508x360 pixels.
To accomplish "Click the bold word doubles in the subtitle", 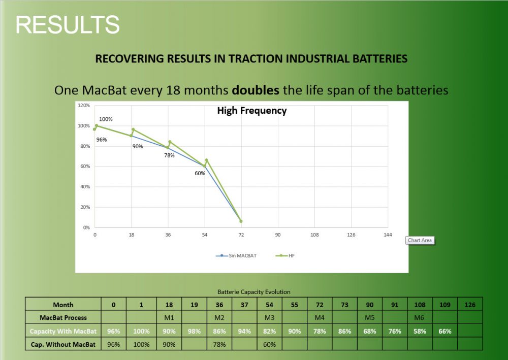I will [x=256, y=90].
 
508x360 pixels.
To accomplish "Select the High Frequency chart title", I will [x=251, y=110].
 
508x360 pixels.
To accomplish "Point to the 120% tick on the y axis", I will [x=83, y=106].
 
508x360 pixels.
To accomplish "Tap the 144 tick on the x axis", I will [x=388, y=235].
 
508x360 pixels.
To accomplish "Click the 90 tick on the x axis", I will [x=278, y=235].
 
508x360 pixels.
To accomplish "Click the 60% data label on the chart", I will [x=200, y=173].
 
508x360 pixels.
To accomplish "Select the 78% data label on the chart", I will [x=169, y=155].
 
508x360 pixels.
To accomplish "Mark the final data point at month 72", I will [x=241, y=221].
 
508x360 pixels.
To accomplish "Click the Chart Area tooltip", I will [x=420, y=240].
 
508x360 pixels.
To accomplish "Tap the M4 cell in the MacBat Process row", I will [x=320, y=317].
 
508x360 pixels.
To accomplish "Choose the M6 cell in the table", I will [x=420, y=317].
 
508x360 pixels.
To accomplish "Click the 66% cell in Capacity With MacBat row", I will [x=445, y=331].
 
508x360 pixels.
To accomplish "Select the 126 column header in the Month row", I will [x=470, y=305].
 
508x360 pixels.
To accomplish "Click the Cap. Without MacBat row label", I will [x=63, y=344].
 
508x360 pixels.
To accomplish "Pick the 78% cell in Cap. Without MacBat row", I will [x=219, y=344].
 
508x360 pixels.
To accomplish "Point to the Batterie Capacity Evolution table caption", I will [x=253, y=292].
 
